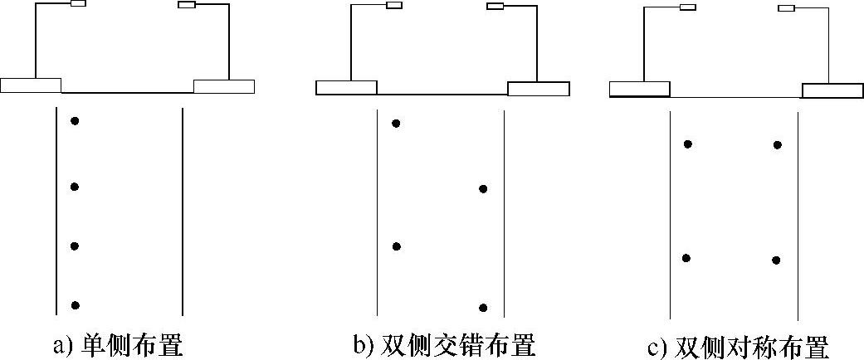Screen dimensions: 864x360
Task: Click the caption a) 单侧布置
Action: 118,344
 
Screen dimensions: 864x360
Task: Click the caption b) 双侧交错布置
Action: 444,344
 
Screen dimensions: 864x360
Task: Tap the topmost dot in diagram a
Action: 75,121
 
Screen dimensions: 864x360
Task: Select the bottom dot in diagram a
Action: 75,305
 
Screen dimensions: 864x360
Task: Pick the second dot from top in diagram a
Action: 75,187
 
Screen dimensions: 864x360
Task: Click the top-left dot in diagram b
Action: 396,124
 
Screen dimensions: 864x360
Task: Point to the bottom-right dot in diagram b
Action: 482,307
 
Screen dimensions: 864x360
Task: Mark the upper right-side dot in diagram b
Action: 483,189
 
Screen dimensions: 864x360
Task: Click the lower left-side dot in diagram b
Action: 397,246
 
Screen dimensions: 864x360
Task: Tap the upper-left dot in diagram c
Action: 687,144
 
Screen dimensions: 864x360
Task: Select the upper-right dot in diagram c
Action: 777,145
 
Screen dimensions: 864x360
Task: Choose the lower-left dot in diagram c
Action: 686,258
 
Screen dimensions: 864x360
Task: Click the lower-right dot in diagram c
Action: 776,260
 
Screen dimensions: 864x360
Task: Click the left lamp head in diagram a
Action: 78,3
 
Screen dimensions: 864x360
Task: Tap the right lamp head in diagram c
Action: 786,8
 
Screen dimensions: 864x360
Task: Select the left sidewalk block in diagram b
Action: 347,87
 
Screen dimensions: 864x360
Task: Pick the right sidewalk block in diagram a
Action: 224,85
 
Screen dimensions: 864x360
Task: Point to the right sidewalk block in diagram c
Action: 832,90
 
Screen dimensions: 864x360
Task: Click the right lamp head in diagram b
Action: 495,7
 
